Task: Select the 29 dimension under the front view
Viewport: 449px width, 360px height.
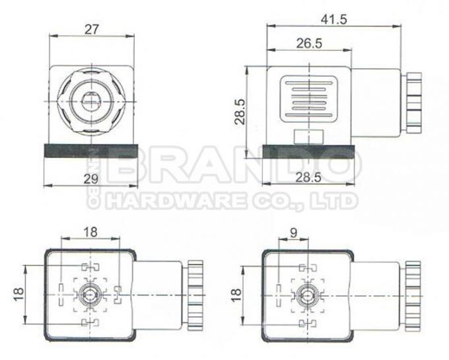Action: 92,179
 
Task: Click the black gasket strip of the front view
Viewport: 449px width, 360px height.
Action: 92,151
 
